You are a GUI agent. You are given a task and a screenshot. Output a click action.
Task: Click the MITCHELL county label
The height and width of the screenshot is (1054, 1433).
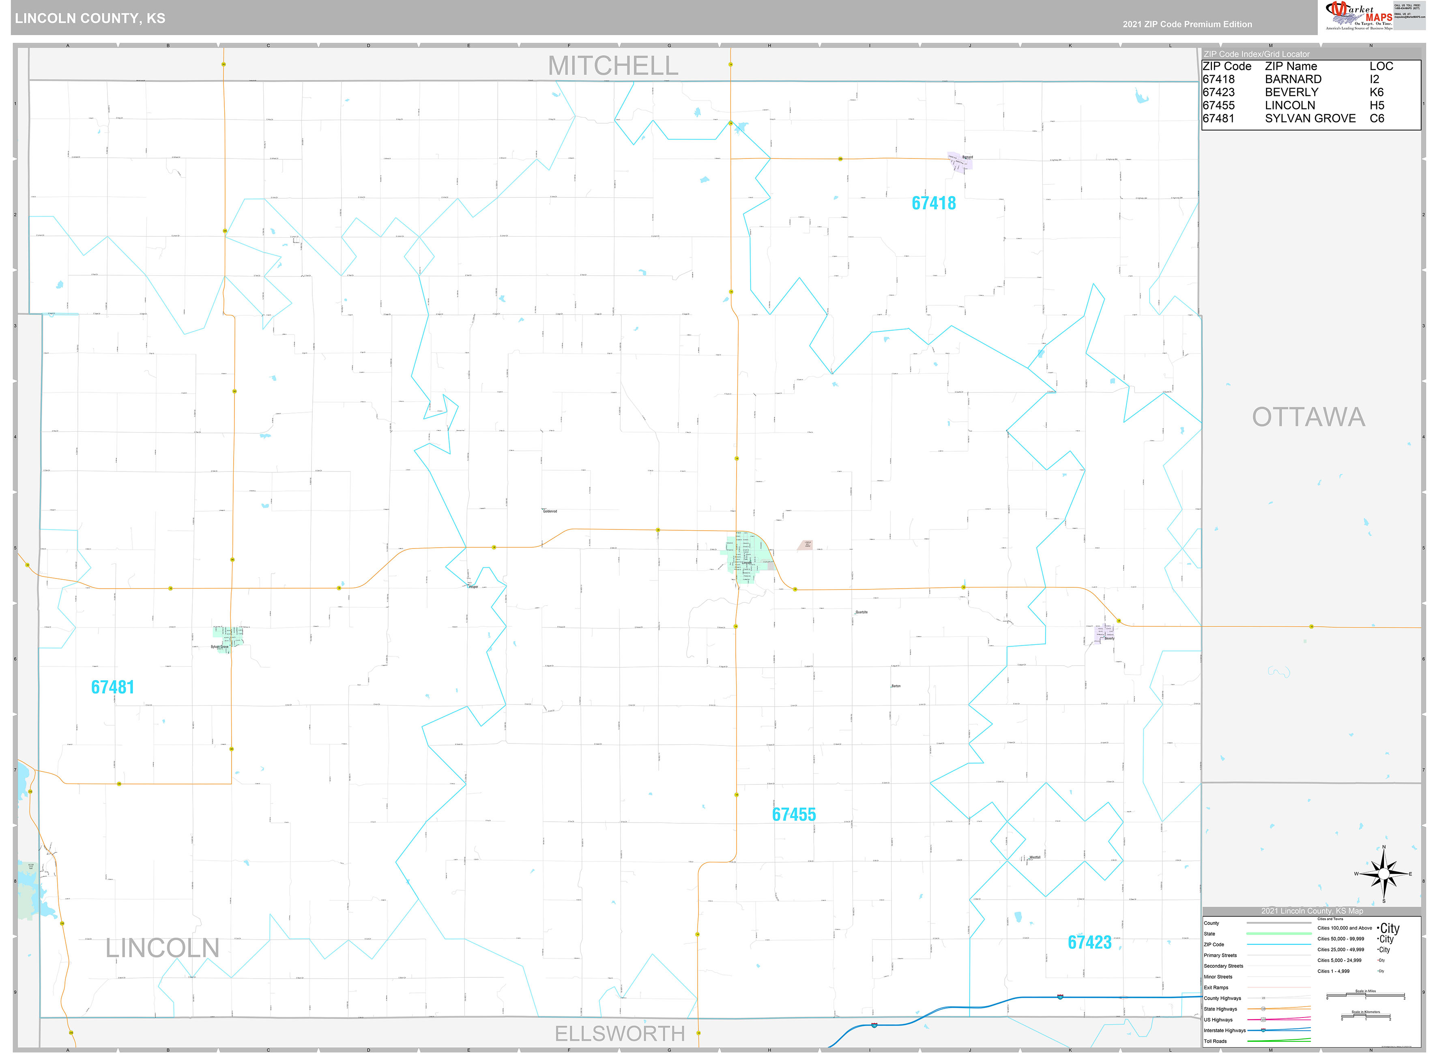[613, 66]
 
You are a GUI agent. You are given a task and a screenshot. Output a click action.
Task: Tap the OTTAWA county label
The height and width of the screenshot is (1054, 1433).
[1308, 417]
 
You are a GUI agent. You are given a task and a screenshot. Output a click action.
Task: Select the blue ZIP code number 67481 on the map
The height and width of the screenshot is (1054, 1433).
[112, 687]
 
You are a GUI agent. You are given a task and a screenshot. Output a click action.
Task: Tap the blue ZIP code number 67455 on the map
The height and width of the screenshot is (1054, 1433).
[793, 815]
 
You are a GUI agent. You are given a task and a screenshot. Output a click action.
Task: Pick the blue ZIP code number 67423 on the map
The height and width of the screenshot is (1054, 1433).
[1089, 943]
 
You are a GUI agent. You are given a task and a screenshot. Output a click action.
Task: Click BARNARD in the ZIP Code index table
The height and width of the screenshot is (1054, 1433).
[1293, 79]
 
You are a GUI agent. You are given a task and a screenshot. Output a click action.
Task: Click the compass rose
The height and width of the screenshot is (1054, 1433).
[1383, 874]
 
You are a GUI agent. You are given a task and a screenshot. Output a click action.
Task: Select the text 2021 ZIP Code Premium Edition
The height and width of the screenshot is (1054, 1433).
[1187, 24]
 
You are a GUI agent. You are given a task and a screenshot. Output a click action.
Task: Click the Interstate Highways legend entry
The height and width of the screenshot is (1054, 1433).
[1224, 1030]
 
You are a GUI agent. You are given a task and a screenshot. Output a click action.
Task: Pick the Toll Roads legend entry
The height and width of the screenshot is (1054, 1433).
[1215, 1041]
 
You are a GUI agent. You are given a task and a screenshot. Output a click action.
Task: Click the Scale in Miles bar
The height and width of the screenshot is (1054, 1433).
[1365, 996]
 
